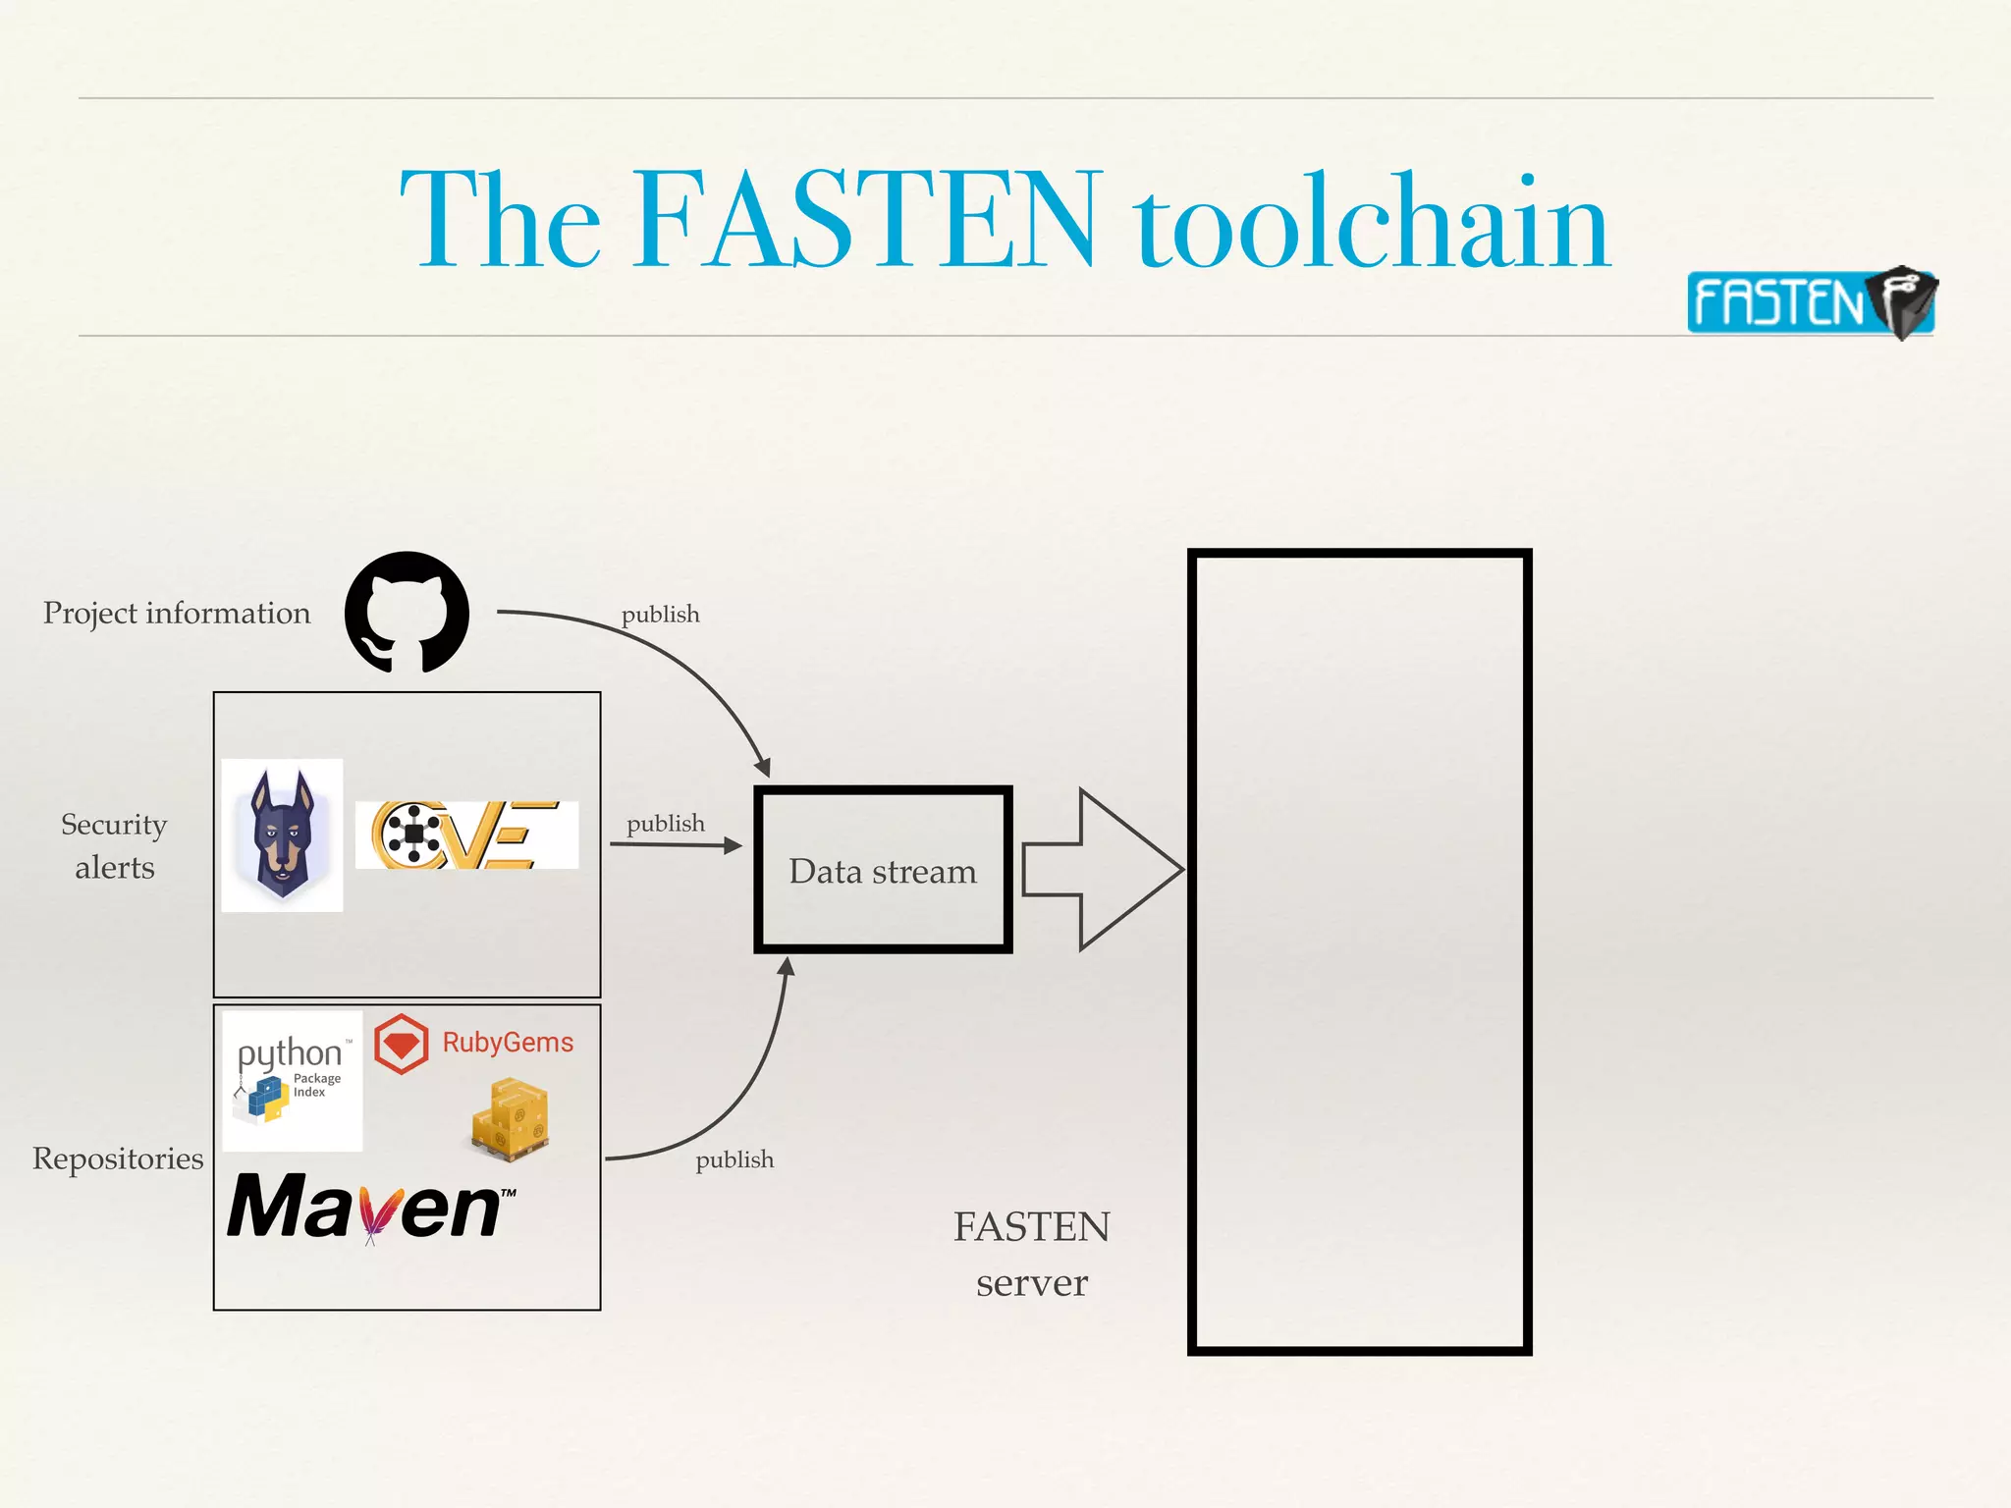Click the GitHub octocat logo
(407, 612)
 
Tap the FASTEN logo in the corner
(1810, 302)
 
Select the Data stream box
(883, 870)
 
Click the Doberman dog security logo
(283, 835)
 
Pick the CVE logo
(466, 835)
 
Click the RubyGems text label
(508, 1043)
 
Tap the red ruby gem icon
(402, 1044)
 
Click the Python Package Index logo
(292, 1080)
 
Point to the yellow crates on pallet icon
(511, 1119)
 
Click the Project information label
(177, 613)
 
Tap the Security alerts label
(115, 845)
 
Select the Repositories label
(118, 1158)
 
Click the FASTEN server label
(1031, 1254)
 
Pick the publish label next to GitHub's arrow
(660, 615)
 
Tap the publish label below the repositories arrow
(734, 1160)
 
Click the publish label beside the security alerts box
(666, 824)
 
